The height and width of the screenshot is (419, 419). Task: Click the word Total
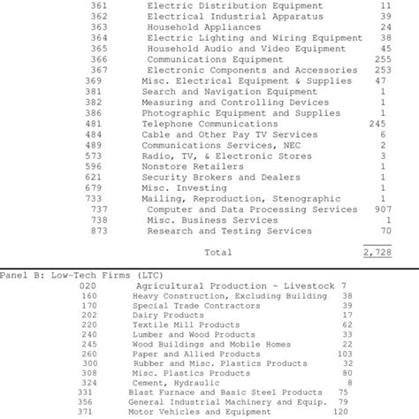point(218,252)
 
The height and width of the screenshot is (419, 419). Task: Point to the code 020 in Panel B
point(88,286)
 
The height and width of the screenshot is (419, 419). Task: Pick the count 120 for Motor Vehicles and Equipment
point(341,411)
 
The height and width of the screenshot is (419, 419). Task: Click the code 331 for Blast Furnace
point(84,392)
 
